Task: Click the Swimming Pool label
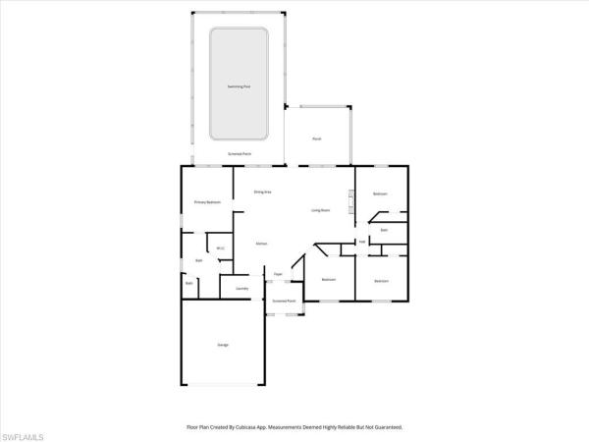pos(239,86)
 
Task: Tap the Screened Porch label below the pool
pos(239,154)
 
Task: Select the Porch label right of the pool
pos(316,139)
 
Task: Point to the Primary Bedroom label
pos(207,203)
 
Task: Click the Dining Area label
pos(262,192)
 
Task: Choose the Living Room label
pos(320,210)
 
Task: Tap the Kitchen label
pos(262,243)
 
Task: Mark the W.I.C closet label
pos(221,248)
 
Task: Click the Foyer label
pos(279,273)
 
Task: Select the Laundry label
pos(241,288)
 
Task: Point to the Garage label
pos(223,345)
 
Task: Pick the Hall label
pos(361,242)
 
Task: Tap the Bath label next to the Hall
pos(385,230)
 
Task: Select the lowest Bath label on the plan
pos(189,283)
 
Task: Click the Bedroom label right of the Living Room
pos(381,194)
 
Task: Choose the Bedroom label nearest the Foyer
pos(329,280)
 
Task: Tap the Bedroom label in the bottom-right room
pos(381,282)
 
